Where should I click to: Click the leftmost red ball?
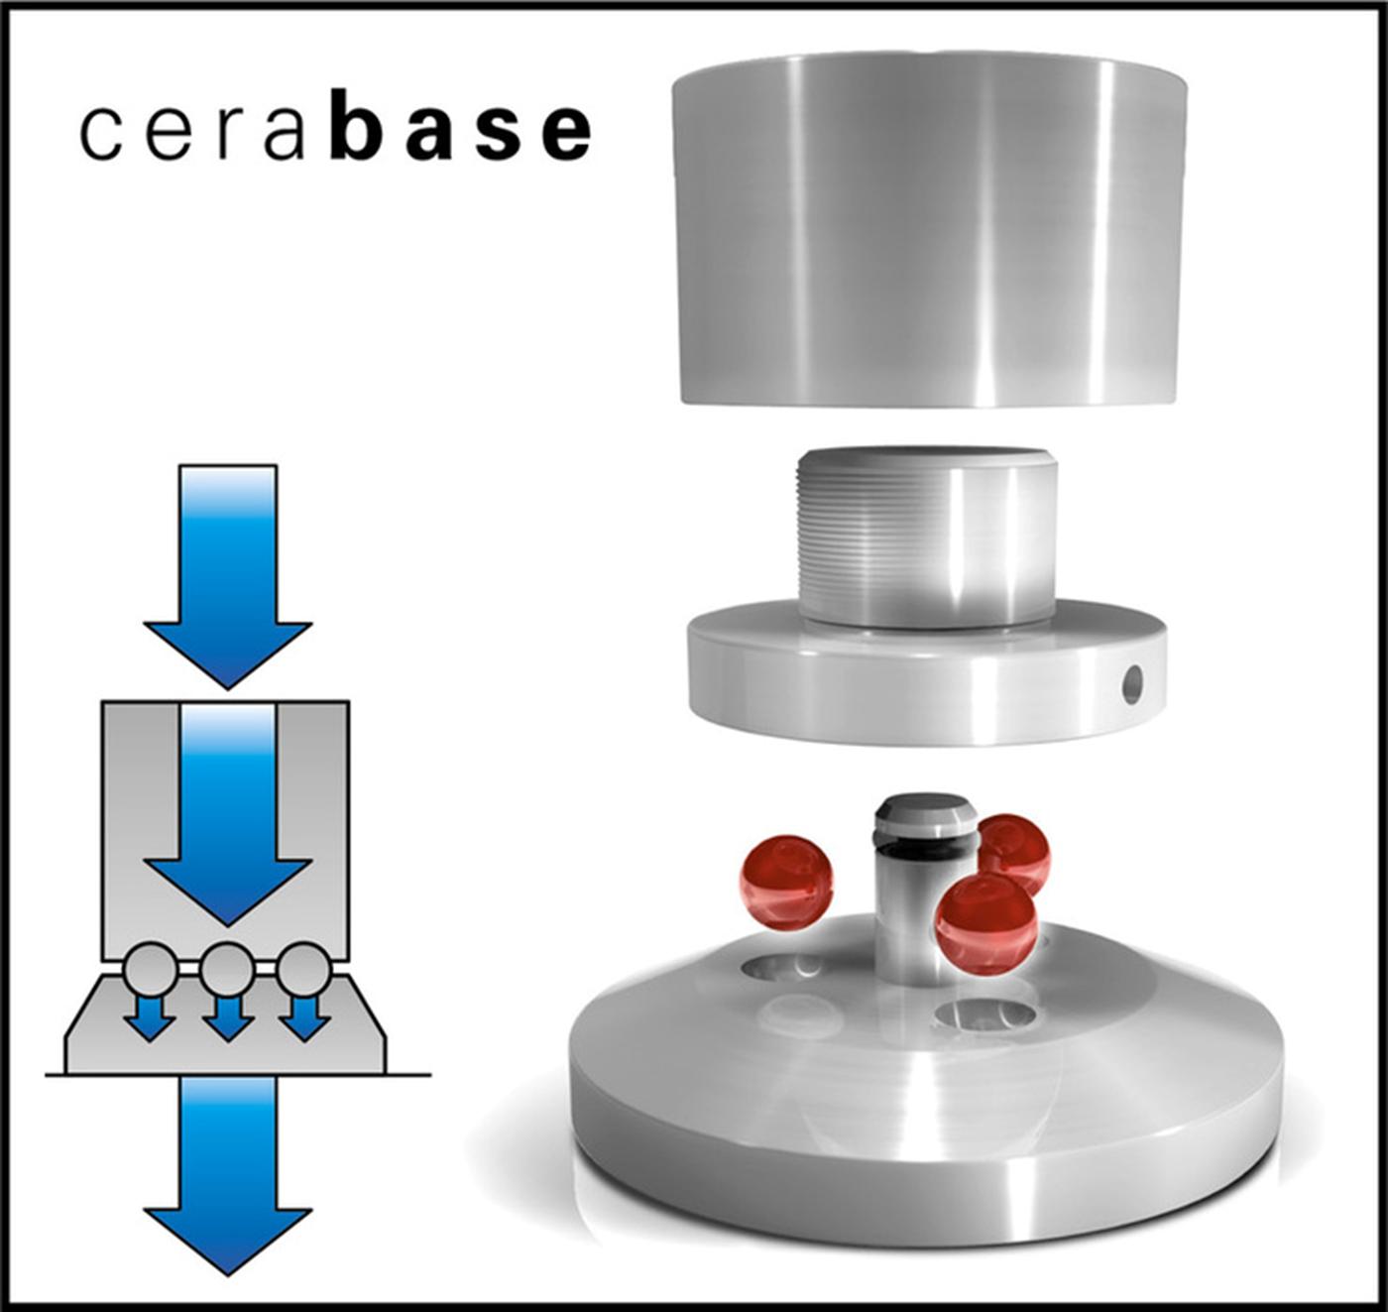[785, 881]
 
